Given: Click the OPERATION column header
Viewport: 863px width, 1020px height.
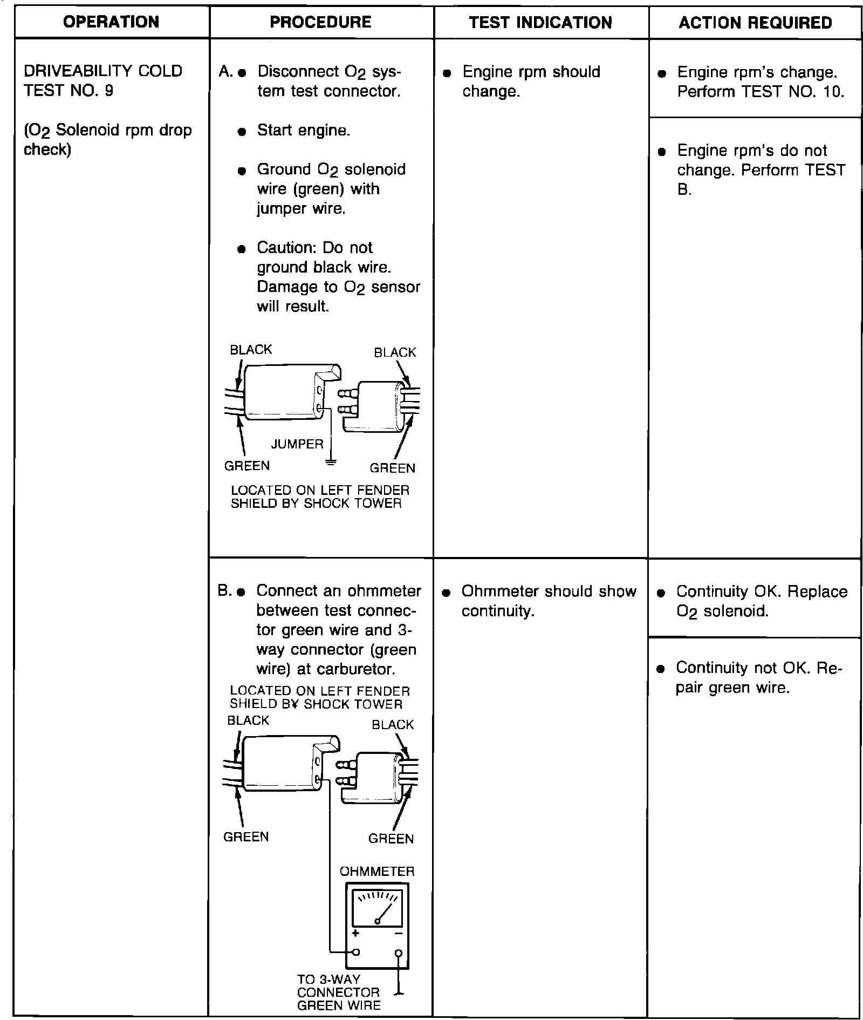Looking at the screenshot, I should pyautogui.click(x=111, y=22).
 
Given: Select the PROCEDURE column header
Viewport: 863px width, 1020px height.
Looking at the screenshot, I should pyautogui.click(x=320, y=22).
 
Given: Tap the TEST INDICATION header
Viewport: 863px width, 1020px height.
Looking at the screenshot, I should pyautogui.click(x=540, y=23).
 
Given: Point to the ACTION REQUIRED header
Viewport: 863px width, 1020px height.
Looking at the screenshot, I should pyautogui.click(x=755, y=23).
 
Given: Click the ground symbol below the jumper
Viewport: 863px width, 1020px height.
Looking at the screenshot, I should pyautogui.click(x=331, y=462).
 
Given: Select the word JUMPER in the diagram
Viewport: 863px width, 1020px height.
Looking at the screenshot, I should pyautogui.click(x=297, y=444).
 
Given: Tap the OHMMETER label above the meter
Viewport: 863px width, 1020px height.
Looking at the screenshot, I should pyautogui.click(x=377, y=871).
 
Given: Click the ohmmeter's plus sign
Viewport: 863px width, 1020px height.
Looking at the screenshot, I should pyautogui.click(x=355, y=934).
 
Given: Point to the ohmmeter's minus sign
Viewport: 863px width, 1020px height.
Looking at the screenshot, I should pyautogui.click(x=398, y=934).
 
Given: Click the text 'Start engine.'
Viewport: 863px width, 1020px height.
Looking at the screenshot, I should pyautogui.click(x=304, y=131).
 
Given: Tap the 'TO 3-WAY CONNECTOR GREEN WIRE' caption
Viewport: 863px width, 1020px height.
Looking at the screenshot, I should pyautogui.click(x=339, y=992).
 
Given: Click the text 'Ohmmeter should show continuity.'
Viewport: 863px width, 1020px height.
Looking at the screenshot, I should pyautogui.click(x=549, y=601).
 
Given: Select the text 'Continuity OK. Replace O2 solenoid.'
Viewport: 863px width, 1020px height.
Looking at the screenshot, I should pyautogui.click(x=762, y=601).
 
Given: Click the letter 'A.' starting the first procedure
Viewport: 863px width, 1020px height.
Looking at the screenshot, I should pyautogui.click(x=225, y=72).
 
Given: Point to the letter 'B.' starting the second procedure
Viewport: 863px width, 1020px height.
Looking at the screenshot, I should pyautogui.click(x=224, y=591).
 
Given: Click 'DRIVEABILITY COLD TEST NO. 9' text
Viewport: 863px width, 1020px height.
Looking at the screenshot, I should pyautogui.click(x=103, y=80).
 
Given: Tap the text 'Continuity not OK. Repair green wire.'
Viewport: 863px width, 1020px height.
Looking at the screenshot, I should pyautogui.click(x=758, y=678).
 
